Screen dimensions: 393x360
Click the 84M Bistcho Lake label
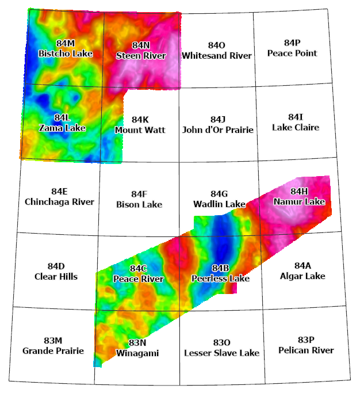tap(66, 49)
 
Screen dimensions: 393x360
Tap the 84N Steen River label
tap(141, 51)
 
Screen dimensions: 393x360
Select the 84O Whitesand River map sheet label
tap(216, 51)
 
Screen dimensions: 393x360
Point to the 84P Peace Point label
tap(292, 48)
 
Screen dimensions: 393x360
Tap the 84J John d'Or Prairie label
tap(218, 124)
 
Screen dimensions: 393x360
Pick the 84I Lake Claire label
tap(296, 122)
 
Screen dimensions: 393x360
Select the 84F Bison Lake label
tap(139, 199)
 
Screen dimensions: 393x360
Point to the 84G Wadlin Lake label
tap(219, 199)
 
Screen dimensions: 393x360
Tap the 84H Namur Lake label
tap(299, 197)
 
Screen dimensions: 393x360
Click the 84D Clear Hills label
tap(56, 271)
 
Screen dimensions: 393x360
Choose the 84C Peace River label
tap(138, 274)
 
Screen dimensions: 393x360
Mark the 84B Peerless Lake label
tap(220, 273)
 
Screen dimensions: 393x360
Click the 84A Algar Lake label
tap(302, 271)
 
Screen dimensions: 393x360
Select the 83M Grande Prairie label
tap(53, 345)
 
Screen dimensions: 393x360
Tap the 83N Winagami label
tap(137, 348)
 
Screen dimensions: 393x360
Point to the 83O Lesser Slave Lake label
tap(221, 348)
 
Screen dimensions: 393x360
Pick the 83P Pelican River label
tap(306, 345)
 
